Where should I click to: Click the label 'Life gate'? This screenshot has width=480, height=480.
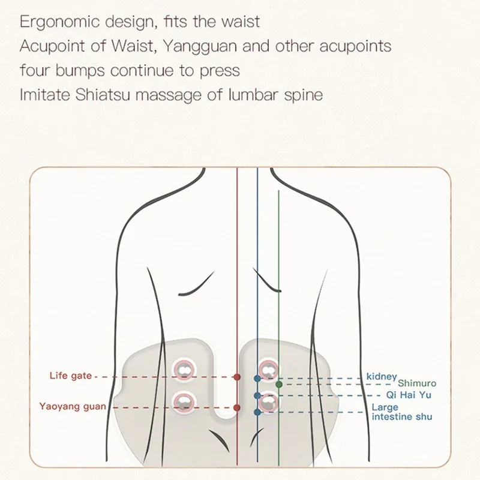[x=70, y=376]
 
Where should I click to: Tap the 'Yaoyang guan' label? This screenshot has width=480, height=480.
[x=73, y=406]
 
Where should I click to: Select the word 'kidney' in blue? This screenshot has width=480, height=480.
[x=382, y=377]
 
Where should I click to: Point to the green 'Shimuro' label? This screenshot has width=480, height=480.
[x=417, y=383]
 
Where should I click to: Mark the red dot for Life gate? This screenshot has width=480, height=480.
[x=237, y=377]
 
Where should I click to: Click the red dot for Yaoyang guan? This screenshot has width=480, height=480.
[x=237, y=407]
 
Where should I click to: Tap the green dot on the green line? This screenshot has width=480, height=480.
[x=279, y=383]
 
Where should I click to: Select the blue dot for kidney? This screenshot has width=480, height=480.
[x=257, y=379]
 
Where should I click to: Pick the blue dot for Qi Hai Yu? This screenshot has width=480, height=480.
[x=257, y=395]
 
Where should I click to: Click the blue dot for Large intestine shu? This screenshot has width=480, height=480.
[x=257, y=412]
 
